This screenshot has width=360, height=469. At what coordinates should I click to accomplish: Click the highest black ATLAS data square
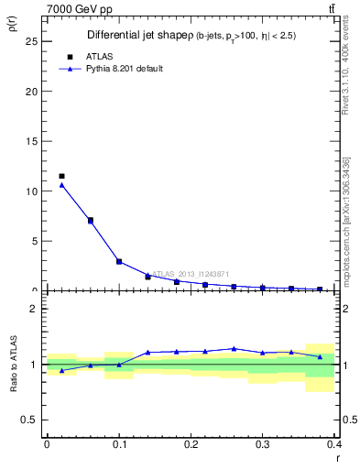tap(61, 176)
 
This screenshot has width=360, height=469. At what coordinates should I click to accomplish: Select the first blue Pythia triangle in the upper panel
tap(61, 185)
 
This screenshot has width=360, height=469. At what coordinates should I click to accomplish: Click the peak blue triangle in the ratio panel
tap(235, 348)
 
